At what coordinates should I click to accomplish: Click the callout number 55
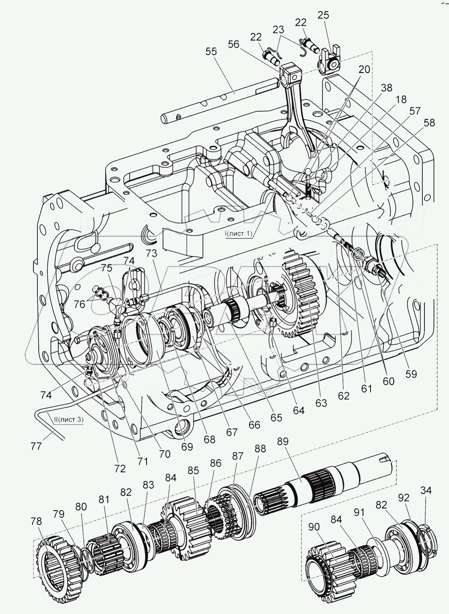[211, 52]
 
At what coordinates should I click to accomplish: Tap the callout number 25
[323, 15]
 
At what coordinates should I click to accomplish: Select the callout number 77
[36, 447]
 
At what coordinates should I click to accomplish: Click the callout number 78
[36, 521]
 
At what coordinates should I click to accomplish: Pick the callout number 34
[426, 490]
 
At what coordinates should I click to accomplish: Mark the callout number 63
[321, 403]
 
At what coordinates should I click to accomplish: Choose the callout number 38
[387, 88]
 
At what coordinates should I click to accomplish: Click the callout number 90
[314, 527]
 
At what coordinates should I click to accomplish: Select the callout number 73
[151, 253]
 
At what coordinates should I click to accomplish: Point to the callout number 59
[411, 374]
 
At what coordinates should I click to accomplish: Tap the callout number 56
[234, 45]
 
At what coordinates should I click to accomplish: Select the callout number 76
[80, 304]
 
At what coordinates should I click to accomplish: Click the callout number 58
[429, 123]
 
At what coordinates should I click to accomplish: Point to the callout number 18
[401, 99]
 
